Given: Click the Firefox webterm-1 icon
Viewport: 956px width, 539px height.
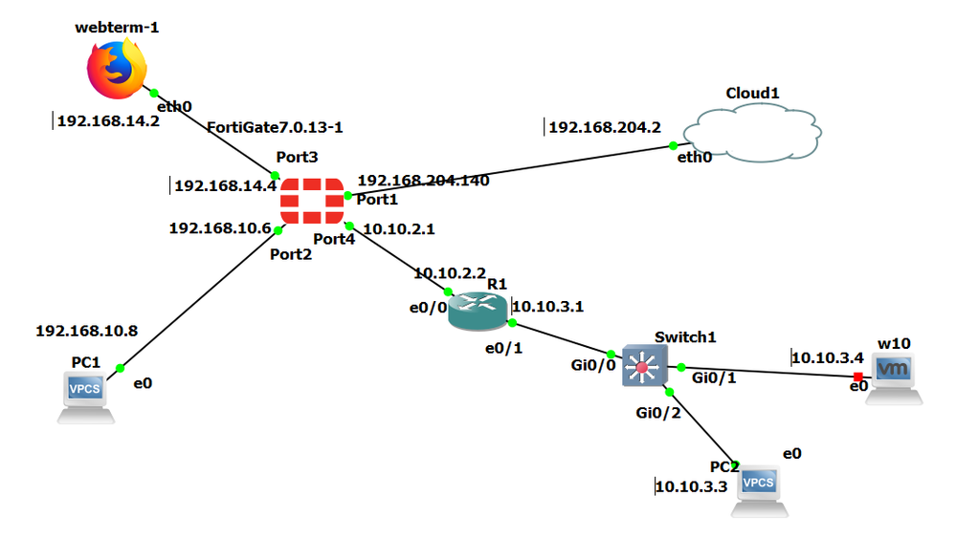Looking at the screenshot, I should [x=117, y=69].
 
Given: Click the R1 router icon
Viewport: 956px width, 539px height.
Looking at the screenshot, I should [x=478, y=312].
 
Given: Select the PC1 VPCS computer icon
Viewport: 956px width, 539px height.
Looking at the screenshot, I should [x=86, y=397].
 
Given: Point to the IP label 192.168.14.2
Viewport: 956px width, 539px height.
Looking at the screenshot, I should [x=108, y=121].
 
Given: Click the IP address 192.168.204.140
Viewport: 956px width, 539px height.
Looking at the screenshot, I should [x=423, y=180].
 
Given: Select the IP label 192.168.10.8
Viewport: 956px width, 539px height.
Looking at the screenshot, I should [x=86, y=332].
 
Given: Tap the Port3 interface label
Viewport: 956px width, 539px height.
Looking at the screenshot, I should [x=297, y=157].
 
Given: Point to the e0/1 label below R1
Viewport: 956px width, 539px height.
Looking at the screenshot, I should [x=503, y=348].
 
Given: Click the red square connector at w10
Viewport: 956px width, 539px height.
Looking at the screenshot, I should [x=858, y=376].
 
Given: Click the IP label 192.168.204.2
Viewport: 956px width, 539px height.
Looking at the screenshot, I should [x=605, y=126].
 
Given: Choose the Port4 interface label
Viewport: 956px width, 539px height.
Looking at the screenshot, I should [x=334, y=239].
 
